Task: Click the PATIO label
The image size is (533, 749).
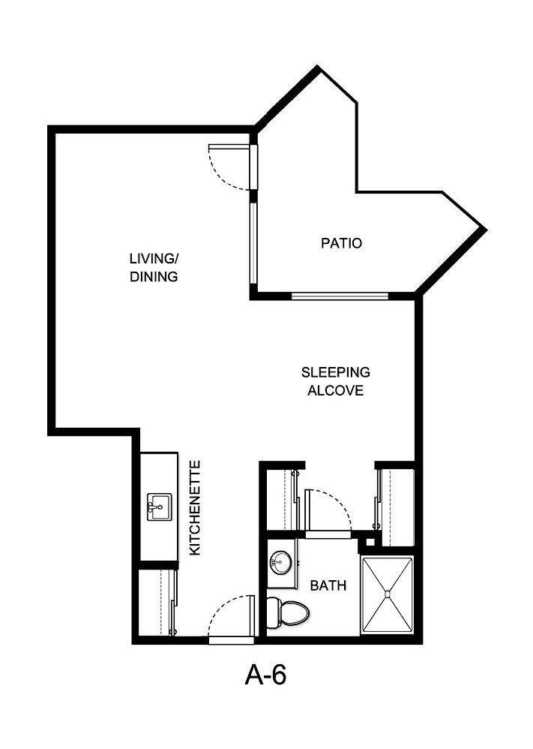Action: pyautogui.click(x=341, y=243)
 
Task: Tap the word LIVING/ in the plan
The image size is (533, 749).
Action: pyautogui.click(x=154, y=259)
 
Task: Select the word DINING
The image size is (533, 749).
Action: pyautogui.click(x=154, y=276)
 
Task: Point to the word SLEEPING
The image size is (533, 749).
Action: pyautogui.click(x=336, y=371)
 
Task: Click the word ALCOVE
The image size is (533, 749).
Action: pyautogui.click(x=336, y=390)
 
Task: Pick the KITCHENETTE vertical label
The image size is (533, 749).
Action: pyautogui.click(x=195, y=508)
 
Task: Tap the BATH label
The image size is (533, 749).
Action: pyautogui.click(x=328, y=585)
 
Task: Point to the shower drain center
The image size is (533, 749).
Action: pyautogui.click(x=388, y=594)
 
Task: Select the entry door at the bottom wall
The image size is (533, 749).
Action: pyautogui.click(x=231, y=639)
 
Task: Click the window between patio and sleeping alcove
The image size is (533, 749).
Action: pyautogui.click(x=340, y=296)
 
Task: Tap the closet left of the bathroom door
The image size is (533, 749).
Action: pyautogui.click(x=283, y=499)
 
